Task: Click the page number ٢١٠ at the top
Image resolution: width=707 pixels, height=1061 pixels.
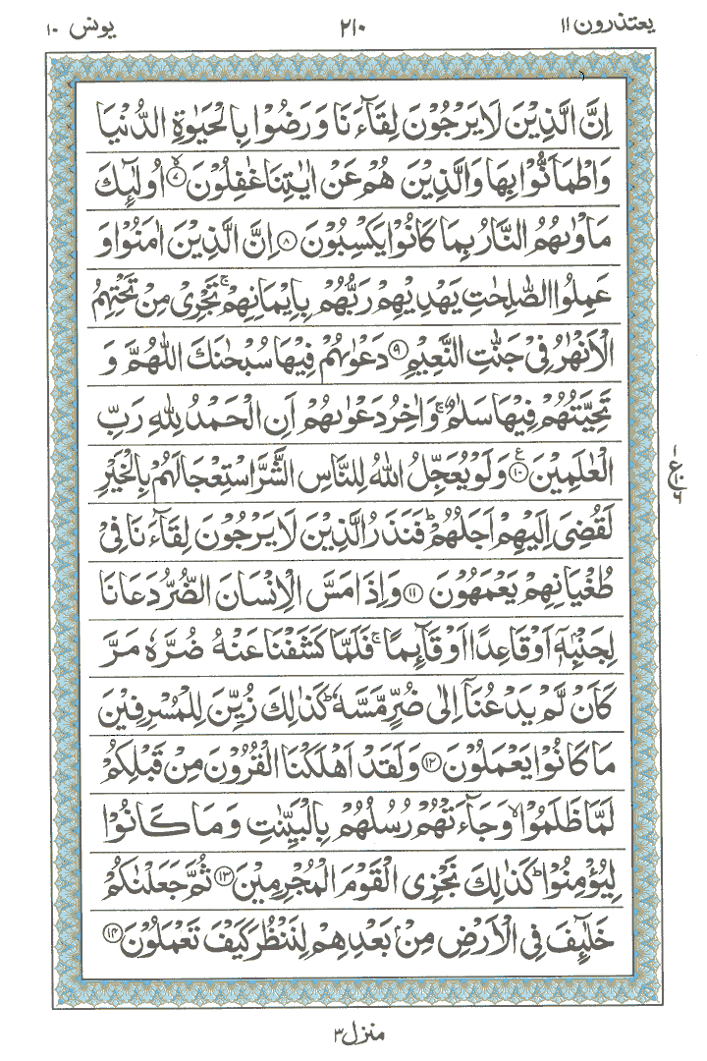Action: [x=352, y=22]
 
